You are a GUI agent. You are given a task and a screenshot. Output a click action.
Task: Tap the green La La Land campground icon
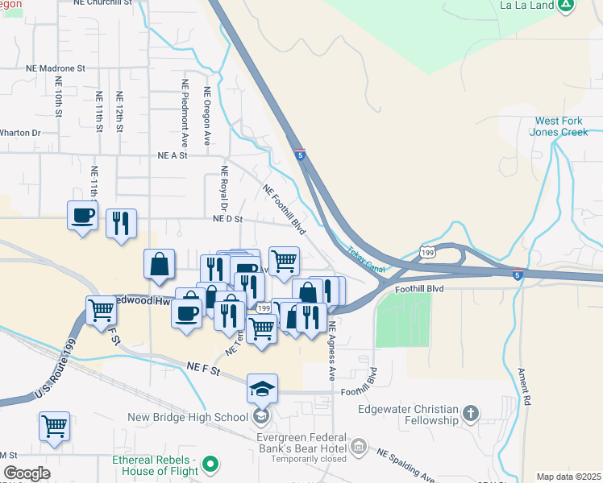[567, 4]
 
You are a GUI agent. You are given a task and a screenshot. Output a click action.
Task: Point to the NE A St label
[173, 155]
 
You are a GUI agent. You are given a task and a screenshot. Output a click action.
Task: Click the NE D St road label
[227, 218]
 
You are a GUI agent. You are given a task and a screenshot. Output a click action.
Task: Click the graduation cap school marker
[262, 390]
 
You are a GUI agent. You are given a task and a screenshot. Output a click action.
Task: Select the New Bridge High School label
[188, 417]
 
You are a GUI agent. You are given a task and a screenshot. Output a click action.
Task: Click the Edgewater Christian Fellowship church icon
[472, 415]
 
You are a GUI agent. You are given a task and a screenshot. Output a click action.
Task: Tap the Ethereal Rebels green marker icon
[210, 463]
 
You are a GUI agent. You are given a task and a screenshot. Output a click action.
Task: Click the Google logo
[27, 473]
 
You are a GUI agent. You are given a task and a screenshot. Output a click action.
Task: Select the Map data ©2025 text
[568, 477]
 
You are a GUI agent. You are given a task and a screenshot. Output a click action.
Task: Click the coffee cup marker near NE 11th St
[84, 216]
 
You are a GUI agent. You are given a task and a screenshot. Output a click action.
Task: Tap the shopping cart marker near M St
[54, 427]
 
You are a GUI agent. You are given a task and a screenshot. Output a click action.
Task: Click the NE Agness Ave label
[331, 352]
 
